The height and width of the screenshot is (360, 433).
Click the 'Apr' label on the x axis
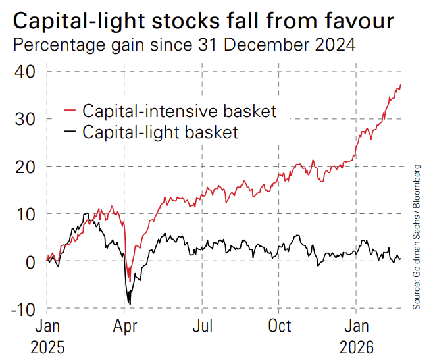point(125,326)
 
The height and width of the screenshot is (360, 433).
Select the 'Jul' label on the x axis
point(203,326)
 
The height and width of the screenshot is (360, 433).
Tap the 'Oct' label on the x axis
point(280,326)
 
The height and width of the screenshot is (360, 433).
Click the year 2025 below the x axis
point(47,347)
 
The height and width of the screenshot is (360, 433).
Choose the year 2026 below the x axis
point(357,347)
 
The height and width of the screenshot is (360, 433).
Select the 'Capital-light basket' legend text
point(160,132)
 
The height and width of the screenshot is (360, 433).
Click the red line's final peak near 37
point(401,84)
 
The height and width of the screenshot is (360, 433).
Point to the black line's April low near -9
point(130,303)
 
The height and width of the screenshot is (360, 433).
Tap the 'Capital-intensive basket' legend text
point(179,111)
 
